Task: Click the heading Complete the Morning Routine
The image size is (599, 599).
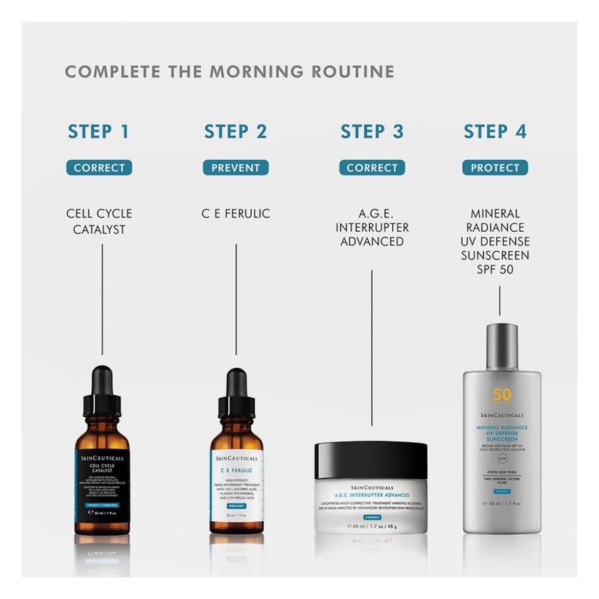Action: coord(229,71)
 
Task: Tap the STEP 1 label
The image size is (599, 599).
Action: coord(99,132)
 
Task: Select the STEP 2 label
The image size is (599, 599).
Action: coord(235,132)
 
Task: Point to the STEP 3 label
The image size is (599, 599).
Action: coord(372,132)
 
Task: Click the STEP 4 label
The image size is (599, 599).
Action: coord(495,132)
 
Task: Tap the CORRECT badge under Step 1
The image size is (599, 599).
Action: coord(99,168)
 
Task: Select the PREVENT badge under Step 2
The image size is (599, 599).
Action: coord(235,168)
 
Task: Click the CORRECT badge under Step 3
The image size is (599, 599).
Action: coord(372,168)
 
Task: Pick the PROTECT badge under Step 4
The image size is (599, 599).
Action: coord(495,168)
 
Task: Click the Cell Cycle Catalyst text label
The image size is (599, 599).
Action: coord(99,220)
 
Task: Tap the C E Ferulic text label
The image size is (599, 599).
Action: coord(235,213)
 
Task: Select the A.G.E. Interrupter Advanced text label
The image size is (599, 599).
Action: coord(372,227)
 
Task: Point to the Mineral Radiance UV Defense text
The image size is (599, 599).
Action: coord(499,242)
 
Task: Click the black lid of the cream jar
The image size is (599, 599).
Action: coord(371,460)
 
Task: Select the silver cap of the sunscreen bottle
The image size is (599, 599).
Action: coord(501,347)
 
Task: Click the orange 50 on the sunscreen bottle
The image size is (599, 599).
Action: coord(501,394)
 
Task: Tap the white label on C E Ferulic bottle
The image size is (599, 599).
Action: coord(236,485)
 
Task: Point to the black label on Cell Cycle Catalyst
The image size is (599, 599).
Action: coord(102,485)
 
